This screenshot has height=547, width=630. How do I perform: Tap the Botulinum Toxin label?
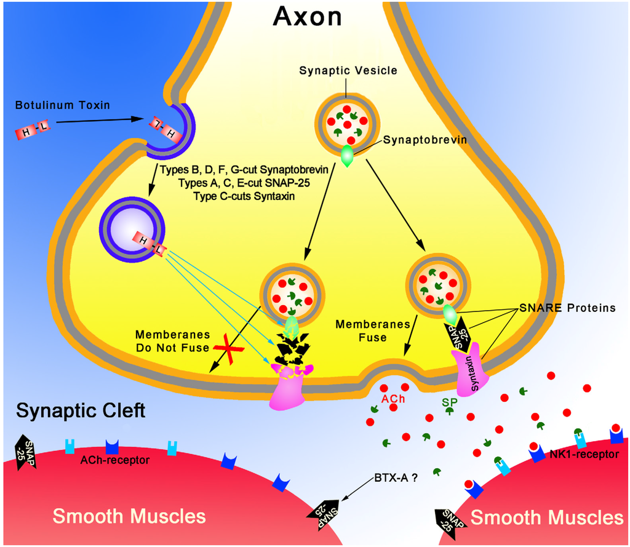click(63, 105)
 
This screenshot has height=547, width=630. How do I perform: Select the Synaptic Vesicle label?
click(348, 71)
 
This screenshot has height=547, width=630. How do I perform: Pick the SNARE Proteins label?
click(567, 308)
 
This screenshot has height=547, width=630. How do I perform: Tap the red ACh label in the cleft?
click(393, 399)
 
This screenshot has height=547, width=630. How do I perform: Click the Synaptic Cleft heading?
click(81, 410)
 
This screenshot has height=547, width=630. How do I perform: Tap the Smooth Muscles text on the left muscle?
click(129, 516)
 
